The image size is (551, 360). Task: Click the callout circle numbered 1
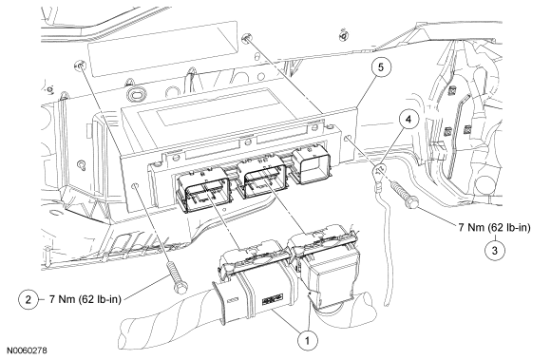coord(307,340)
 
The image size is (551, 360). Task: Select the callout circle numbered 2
coord(28,299)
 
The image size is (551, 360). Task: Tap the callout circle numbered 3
coord(495,251)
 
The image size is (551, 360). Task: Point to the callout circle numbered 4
coord(408,120)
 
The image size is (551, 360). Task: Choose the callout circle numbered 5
coord(381,66)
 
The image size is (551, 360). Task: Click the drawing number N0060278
coord(27,351)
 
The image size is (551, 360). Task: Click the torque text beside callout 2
coord(85,299)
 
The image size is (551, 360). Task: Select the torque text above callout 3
coord(494,228)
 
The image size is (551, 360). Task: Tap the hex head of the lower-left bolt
coord(180,288)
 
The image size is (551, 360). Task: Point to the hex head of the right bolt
coord(412,202)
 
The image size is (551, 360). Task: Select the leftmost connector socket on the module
coord(204,190)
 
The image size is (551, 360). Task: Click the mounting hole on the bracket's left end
coord(135,184)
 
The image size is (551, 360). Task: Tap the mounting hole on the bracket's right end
coord(348,139)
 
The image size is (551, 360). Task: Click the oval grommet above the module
coord(137,94)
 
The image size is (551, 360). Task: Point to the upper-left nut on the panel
coord(80,65)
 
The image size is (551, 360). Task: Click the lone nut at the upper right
coord(342,35)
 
